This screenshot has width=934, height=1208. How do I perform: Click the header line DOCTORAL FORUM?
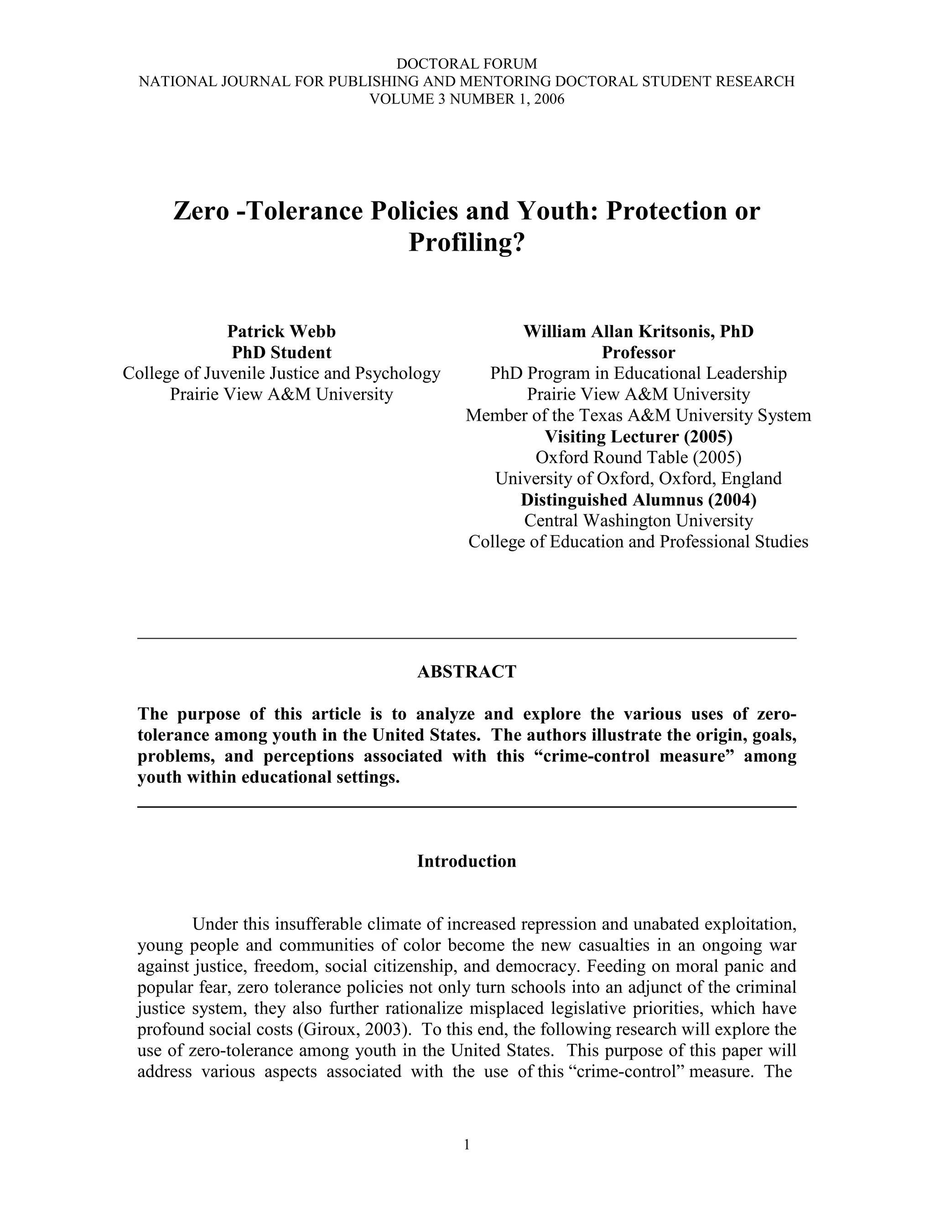pyautogui.click(x=467, y=64)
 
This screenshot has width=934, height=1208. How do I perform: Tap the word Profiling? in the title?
pyautogui.click(x=467, y=242)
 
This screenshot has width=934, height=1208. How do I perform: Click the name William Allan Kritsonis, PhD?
pyautogui.click(x=638, y=331)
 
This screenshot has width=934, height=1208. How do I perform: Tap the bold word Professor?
pyautogui.click(x=638, y=352)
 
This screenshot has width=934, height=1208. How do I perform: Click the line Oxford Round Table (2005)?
pyautogui.click(x=638, y=457)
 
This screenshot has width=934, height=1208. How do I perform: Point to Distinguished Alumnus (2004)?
pyautogui.click(x=638, y=500)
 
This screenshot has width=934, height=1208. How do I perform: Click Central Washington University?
pyautogui.click(x=638, y=521)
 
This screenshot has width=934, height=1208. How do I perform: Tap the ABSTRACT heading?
pyautogui.click(x=467, y=671)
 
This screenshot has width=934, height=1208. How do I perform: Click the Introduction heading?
pyautogui.click(x=467, y=861)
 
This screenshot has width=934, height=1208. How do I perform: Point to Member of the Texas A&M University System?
pyautogui.click(x=638, y=415)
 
